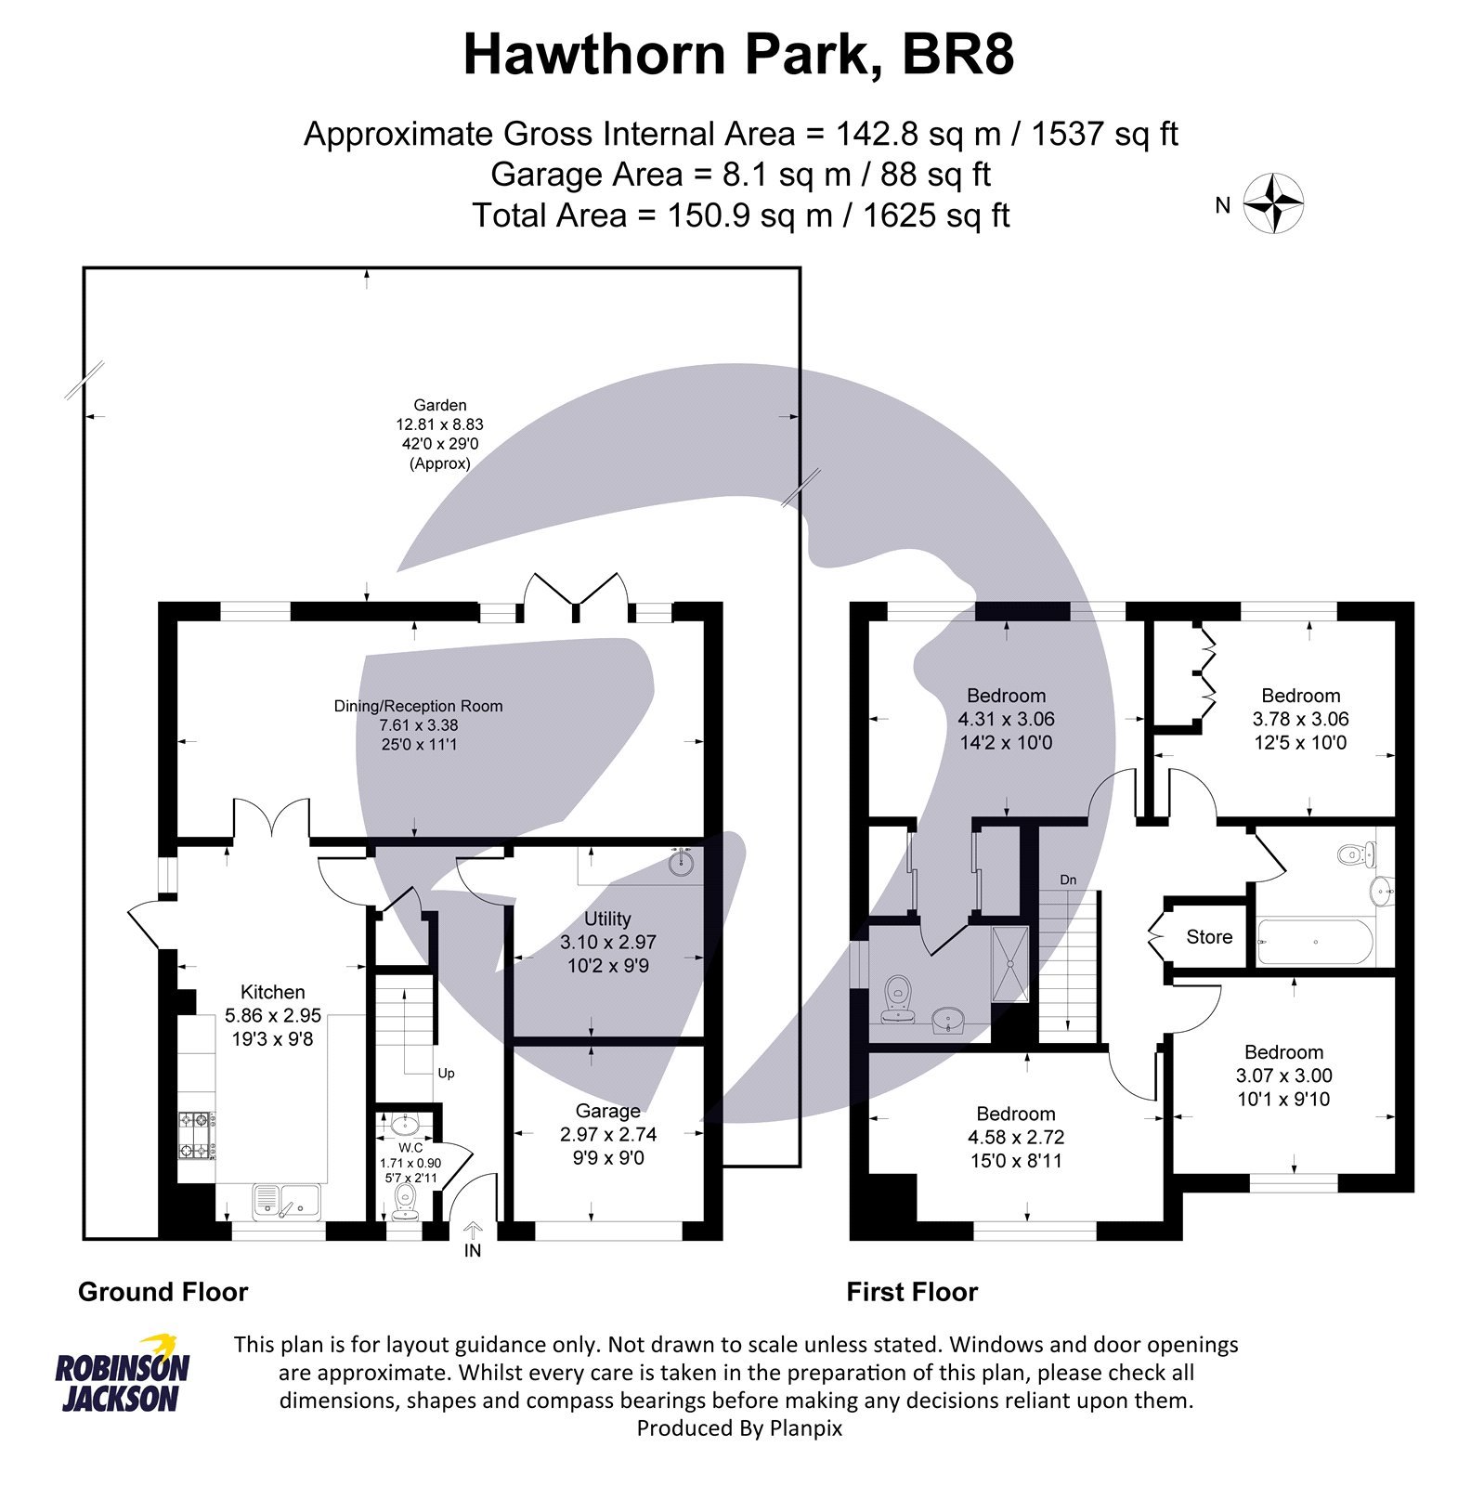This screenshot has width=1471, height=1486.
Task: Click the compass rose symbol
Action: coord(1273,203)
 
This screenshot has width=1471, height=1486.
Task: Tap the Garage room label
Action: coord(607,1111)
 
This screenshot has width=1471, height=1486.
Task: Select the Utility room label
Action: coord(607,919)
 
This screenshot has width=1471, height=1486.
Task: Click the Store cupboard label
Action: coord(1208,937)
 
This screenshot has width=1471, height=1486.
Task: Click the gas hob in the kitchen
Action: coord(197,1137)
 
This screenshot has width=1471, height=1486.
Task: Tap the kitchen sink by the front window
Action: coord(286,1202)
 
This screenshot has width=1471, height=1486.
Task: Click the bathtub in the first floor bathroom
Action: coord(1314,942)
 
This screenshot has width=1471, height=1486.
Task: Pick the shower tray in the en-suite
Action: coord(1010,963)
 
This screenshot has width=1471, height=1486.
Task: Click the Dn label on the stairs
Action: coord(1068,880)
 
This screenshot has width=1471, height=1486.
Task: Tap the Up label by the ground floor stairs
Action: coord(446,1073)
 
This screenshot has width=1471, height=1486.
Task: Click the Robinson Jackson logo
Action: coord(122,1375)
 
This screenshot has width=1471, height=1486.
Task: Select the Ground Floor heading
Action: coord(163,1292)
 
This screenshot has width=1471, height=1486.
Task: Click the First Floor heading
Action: coord(912,1292)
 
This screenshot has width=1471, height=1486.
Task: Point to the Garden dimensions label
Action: coord(440,434)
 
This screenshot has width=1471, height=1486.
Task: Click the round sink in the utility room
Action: coord(684,862)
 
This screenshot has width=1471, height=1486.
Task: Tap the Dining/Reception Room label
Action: coord(418,706)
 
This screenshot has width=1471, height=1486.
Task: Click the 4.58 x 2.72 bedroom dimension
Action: coord(1015,1137)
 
